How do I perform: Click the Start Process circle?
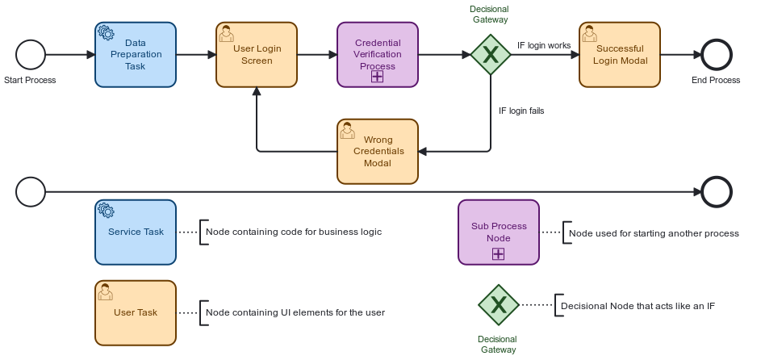[x=31, y=54]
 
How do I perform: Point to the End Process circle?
[x=717, y=54]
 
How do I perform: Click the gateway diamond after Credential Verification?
[x=491, y=54]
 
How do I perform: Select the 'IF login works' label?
[x=544, y=46]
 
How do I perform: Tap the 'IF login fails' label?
[x=521, y=111]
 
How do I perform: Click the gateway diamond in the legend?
[x=499, y=304]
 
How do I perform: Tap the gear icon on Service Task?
[x=105, y=210]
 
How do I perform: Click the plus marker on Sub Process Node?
[x=499, y=254]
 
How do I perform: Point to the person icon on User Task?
[x=105, y=291]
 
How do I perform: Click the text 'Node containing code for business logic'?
[x=294, y=232]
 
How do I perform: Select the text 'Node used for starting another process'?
[x=654, y=233]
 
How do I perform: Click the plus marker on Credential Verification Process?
[x=377, y=77]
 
